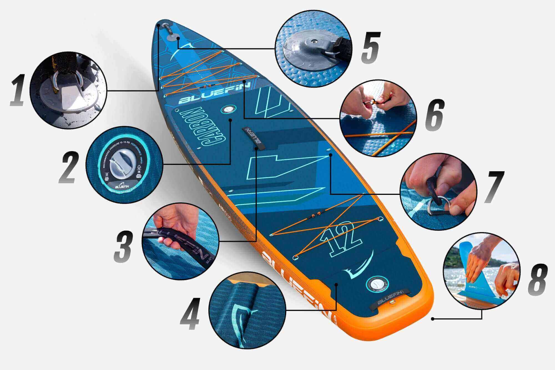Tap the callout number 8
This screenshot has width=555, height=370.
pyautogui.click(x=537, y=283)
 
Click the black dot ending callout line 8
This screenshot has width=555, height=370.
pyautogui.click(x=433, y=319)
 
